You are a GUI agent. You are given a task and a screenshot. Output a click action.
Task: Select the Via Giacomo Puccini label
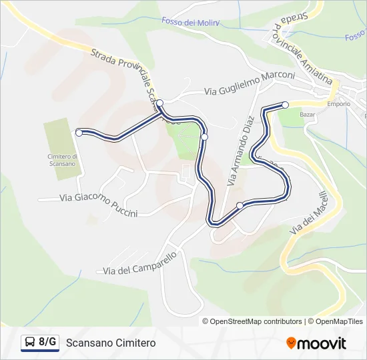tap(98, 205)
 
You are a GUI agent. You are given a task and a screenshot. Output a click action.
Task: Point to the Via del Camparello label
tap(139, 263)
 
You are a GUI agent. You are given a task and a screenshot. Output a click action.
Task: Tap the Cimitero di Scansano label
tap(64, 160)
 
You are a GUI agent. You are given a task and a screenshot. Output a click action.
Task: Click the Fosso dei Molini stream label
tap(190, 22)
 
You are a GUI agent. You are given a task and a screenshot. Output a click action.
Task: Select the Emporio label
tap(338, 104)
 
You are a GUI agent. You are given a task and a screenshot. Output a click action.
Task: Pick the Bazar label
tap(308, 115)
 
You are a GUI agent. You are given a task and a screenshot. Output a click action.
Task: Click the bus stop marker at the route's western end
tap(79, 133)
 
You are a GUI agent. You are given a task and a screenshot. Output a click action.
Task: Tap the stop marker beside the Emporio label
tap(285, 105)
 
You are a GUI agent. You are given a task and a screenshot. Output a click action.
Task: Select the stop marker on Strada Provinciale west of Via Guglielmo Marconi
tap(159, 103)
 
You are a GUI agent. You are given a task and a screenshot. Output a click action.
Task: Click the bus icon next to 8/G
tap(29, 343)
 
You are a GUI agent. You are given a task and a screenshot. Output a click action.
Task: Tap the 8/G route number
tap(47, 343)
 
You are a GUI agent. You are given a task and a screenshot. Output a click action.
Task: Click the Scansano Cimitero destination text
tap(111, 343)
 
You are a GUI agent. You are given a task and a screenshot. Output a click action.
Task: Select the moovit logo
tap(316, 343)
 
